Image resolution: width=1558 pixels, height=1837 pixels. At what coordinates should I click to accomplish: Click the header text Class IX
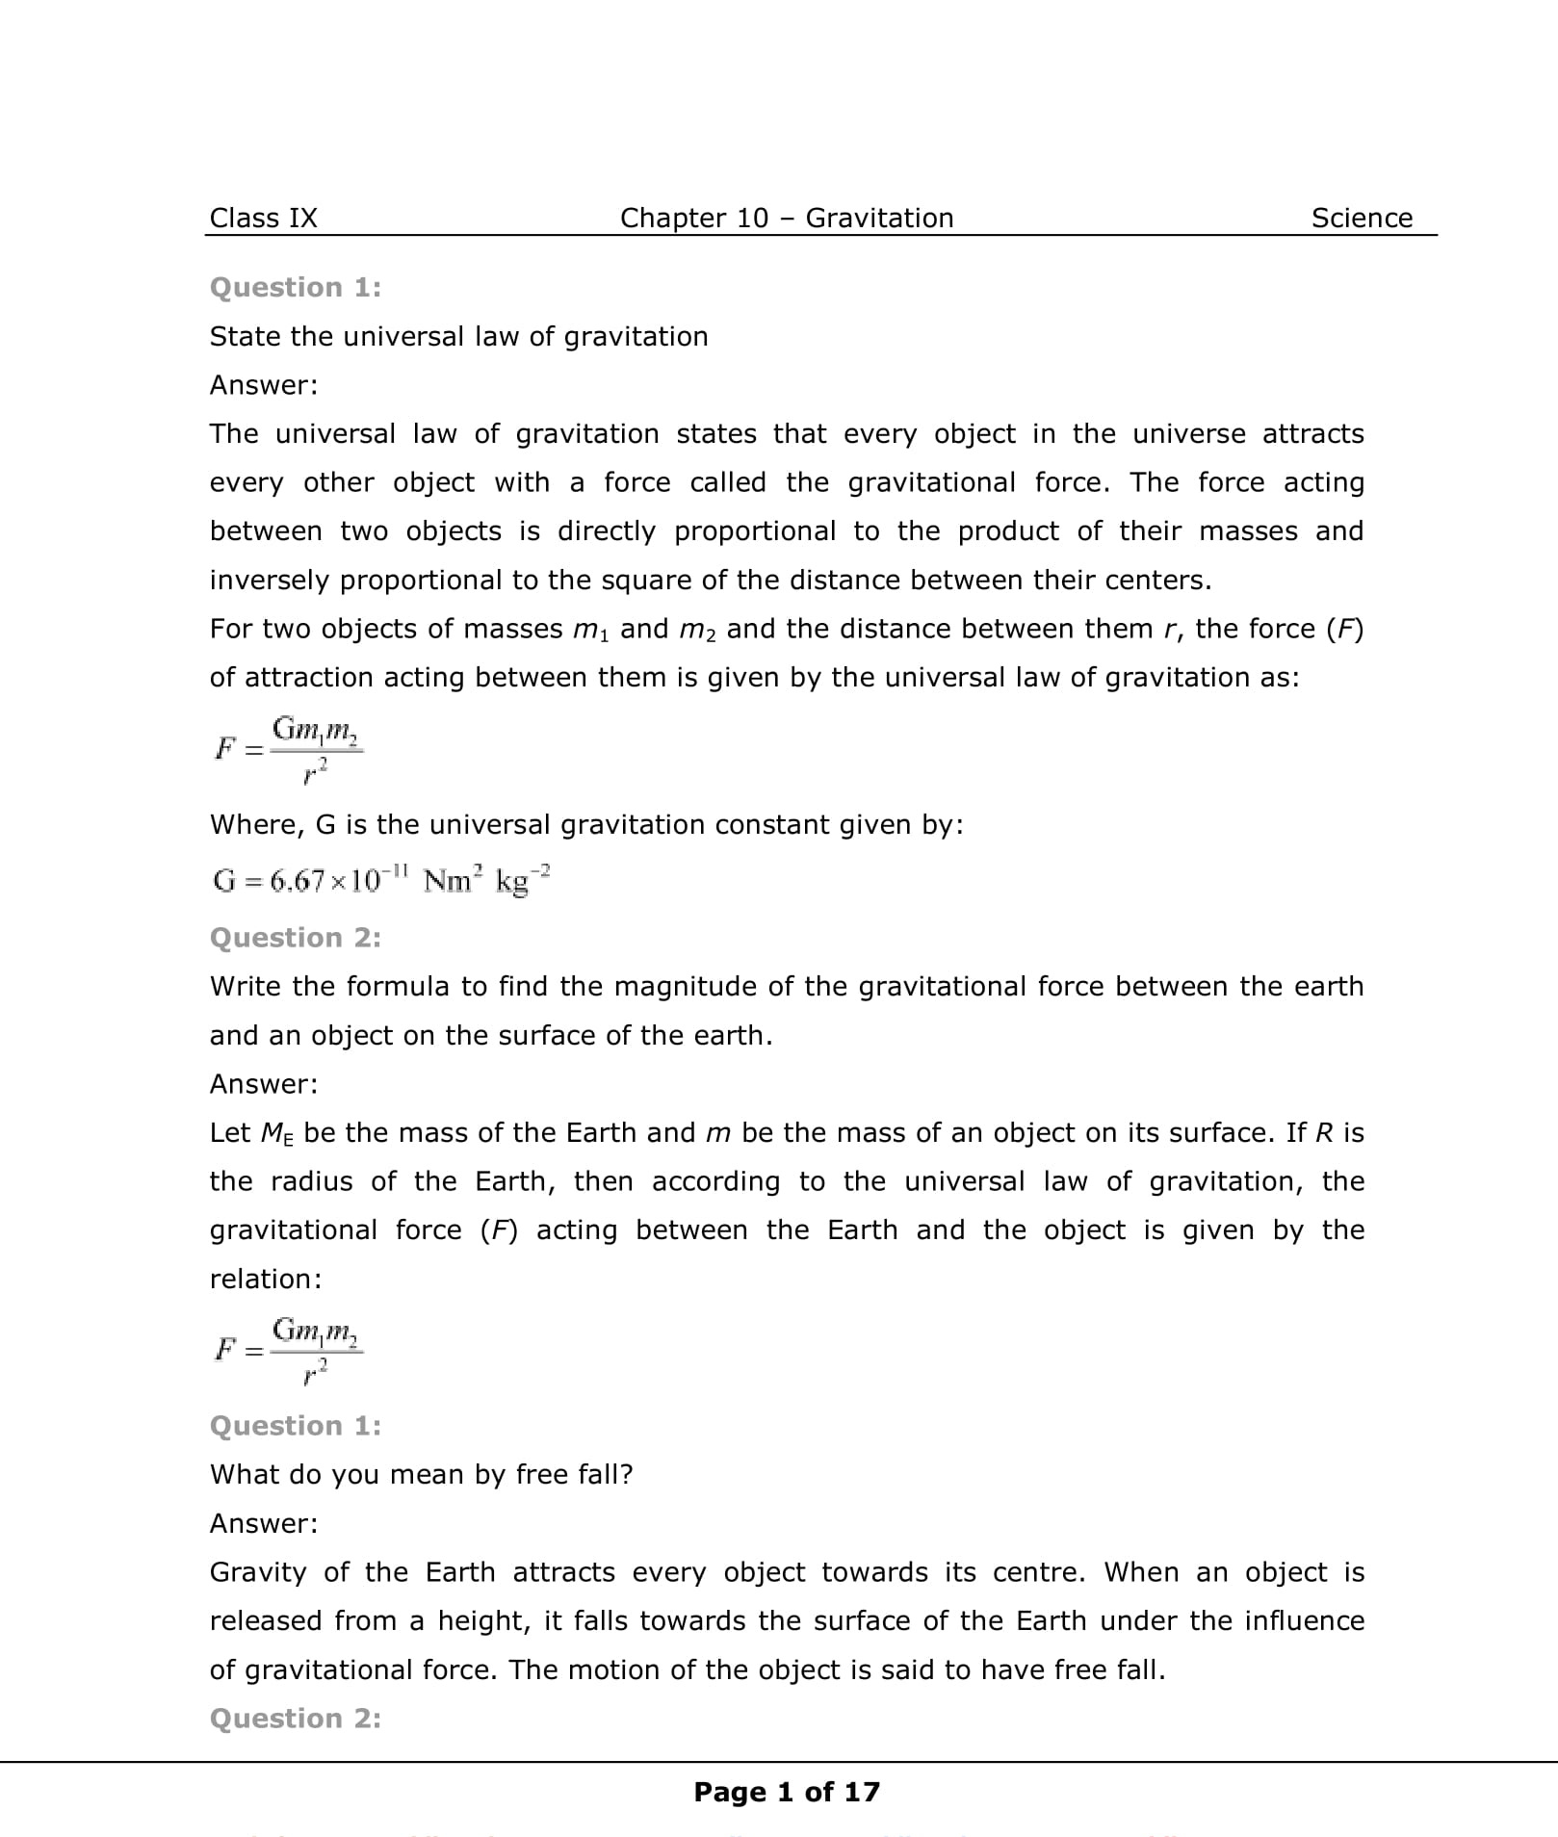[x=263, y=218]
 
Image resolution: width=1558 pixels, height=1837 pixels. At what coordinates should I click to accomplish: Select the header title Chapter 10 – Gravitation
[x=786, y=218]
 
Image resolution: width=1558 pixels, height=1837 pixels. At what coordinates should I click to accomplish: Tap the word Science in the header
[x=1362, y=218]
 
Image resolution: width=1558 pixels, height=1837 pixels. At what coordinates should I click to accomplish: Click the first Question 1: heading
[x=295, y=287]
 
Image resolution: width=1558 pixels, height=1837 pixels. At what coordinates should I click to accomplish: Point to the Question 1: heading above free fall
[x=295, y=1425]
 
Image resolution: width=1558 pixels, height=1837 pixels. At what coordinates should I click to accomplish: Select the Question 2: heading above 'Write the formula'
[x=295, y=937]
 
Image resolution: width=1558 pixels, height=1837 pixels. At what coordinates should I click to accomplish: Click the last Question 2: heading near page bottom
[x=295, y=1718]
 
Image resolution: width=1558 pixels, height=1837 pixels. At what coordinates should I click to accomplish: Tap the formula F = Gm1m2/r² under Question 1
[x=288, y=748]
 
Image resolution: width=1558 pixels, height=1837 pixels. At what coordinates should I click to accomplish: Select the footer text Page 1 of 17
[x=786, y=1792]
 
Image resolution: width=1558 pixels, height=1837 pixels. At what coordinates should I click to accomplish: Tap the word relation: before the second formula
[x=266, y=1279]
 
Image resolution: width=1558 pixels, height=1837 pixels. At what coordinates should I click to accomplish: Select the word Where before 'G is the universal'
[x=255, y=824]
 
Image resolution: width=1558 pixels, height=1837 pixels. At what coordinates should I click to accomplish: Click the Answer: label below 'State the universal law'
[x=263, y=385]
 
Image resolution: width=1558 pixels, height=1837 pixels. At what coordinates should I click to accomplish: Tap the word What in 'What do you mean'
[x=241, y=1474]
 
